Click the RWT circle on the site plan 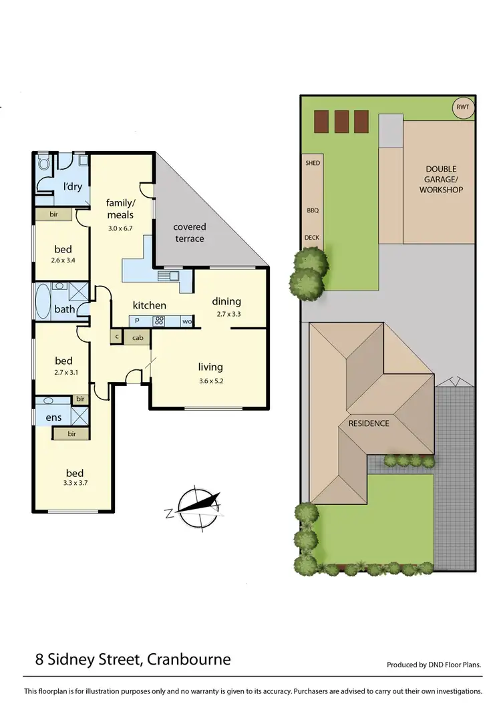pyautogui.click(x=462, y=108)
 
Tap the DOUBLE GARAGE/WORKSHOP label pyautogui.click(x=441, y=180)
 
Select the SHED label pyautogui.click(x=312, y=163)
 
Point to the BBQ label pyautogui.click(x=312, y=210)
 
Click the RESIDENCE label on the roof pyautogui.click(x=368, y=423)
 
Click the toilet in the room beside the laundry pyautogui.click(x=45, y=162)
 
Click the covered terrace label pyautogui.click(x=190, y=233)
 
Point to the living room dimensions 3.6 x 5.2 pyautogui.click(x=210, y=381)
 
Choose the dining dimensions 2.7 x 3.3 pyautogui.click(x=226, y=314)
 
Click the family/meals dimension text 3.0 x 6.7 pyautogui.click(x=120, y=228)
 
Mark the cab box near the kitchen pyautogui.click(x=138, y=338)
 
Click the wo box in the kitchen pyautogui.click(x=187, y=322)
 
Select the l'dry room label pyautogui.click(x=72, y=186)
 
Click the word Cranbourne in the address pyautogui.click(x=189, y=660)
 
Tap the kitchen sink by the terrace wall pyautogui.click(x=167, y=275)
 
